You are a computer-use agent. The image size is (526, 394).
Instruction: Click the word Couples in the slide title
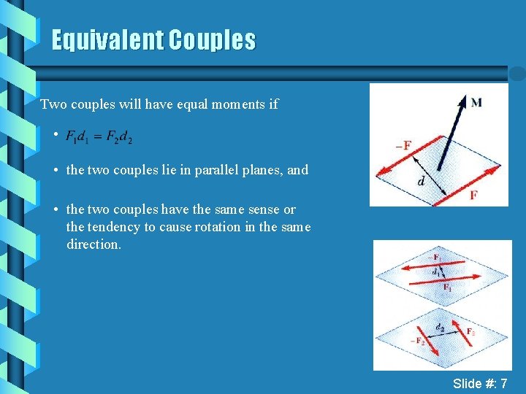pyautogui.click(x=212, y=40)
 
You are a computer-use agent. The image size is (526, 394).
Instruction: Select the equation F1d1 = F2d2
pyautogui.click(x=99, y=136)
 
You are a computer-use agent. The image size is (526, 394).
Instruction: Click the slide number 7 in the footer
pyautogui.click(x=503, y=383)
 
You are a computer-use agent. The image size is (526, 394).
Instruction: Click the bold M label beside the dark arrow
pyautogui.click(x=476, y=102)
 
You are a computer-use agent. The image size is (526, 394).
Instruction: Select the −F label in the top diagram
pyautogui.click(x=403, y=145)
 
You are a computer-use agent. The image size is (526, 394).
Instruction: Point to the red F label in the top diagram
pyautogui.click(x=474, y=195)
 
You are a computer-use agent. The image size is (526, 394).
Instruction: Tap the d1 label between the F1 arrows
pyautogui.click(x=436, y=272)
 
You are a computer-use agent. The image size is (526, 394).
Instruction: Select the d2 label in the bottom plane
pyautogui.click(x=440, y=328)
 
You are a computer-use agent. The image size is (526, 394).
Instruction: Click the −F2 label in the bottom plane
pyautogui.click(x=420, y=341)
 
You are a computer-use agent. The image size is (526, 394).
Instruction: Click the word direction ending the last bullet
pyautogui.click(x=93, y=244)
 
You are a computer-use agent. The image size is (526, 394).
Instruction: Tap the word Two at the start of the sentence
pyautogui.click(x=53, y=104)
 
